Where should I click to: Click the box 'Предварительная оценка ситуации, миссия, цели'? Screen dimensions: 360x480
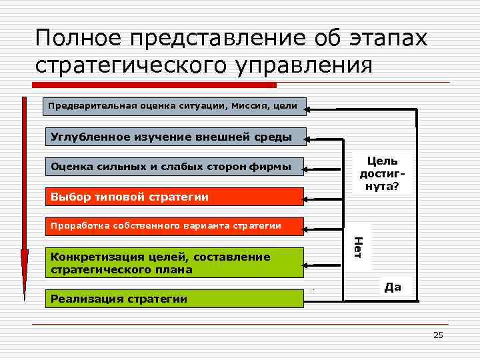174,105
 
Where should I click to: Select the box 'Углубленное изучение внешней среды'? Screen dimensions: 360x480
174,137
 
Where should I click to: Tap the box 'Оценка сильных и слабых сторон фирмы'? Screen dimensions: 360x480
174,167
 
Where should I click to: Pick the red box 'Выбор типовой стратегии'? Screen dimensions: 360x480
174,197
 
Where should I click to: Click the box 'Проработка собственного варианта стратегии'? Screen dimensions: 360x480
174,225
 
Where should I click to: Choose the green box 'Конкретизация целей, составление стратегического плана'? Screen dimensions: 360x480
174,263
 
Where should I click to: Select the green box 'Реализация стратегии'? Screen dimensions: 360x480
174,299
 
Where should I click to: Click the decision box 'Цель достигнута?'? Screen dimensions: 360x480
382,173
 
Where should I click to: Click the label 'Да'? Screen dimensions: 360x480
393,287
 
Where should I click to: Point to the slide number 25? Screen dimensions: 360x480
438,335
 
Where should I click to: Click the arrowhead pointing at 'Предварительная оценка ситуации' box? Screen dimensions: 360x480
312,105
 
